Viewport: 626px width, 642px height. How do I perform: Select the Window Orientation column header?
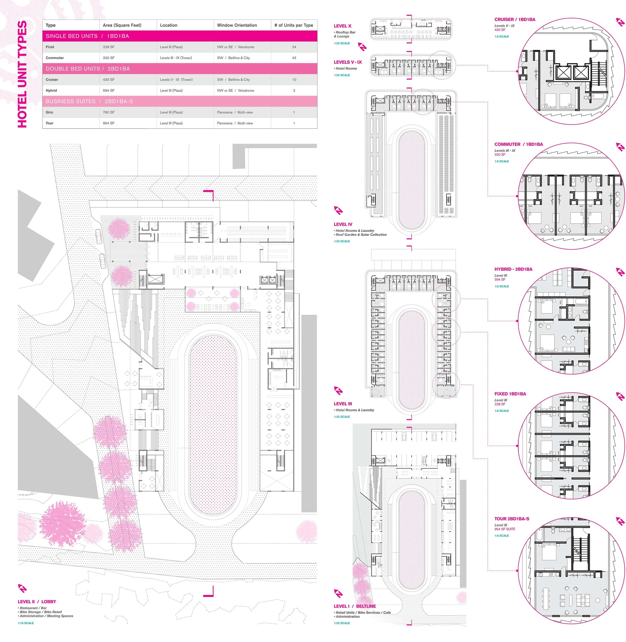[237, 25]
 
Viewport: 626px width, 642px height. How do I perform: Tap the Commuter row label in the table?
[55, 58]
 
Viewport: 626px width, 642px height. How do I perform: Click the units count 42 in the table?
[294, 58]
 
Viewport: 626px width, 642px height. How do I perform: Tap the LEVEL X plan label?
[342, 26]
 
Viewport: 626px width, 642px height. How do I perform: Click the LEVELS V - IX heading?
[348, 62]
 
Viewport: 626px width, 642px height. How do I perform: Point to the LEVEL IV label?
[343, 224]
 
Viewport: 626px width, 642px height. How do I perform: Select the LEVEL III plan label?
[343, 404]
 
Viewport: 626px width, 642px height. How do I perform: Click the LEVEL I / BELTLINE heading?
[354, 606]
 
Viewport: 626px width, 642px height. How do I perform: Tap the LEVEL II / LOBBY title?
[37, 601]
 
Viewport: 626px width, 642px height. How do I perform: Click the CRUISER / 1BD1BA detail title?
[515, 19]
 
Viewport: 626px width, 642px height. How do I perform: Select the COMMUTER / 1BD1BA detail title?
[519, 144]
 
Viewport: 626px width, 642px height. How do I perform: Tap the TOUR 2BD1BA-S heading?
[512, 519]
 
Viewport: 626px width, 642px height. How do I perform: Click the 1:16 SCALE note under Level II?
[26, 623]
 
